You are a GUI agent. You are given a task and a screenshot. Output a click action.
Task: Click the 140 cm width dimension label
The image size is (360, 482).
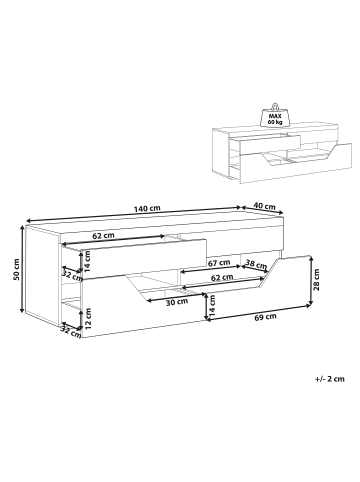(147, 208)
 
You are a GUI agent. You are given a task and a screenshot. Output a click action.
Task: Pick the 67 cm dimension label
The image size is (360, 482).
(220, 262)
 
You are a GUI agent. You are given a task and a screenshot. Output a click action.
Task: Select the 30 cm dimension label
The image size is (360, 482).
(178, 301)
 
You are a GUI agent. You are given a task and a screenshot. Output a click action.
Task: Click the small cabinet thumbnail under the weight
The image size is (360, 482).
(282, 150)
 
